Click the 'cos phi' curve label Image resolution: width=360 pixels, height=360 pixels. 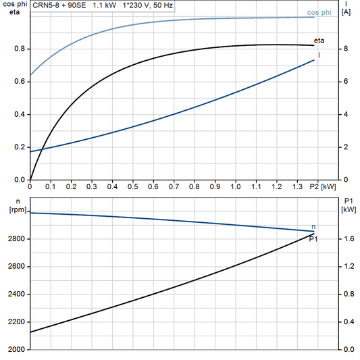pos(319,12)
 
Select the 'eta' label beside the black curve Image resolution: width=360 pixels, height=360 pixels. pos(319,41)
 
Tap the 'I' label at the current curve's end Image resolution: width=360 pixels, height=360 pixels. pos(319,55)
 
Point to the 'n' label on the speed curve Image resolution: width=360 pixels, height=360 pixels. pos(313,226)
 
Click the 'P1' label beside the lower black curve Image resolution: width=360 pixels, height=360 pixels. pos(313,238)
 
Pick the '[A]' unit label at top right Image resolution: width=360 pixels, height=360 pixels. pos(346,14)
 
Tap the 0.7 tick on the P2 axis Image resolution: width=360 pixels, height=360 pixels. pos(174,186)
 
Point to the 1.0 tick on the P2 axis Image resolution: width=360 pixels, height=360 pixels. pos(236,186)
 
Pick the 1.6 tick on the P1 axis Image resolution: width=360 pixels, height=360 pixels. pos(348,239)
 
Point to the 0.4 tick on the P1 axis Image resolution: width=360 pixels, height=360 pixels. pos(348,322)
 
